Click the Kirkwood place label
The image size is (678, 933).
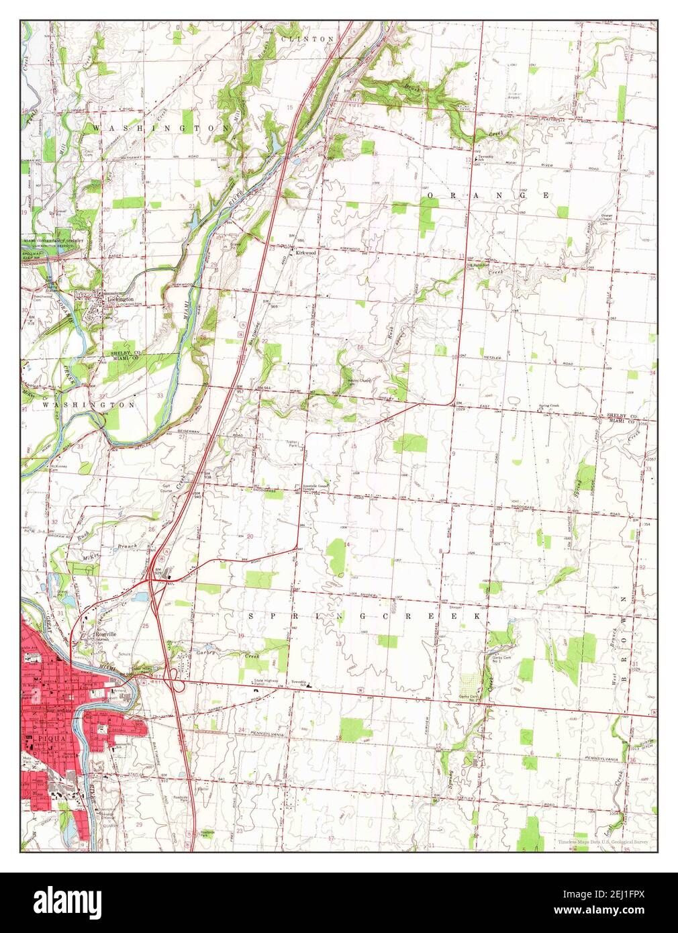[303, 253]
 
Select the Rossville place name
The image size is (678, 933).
[106, 634]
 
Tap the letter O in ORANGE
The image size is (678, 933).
[431, 195]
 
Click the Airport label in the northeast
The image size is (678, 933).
[514, 96]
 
